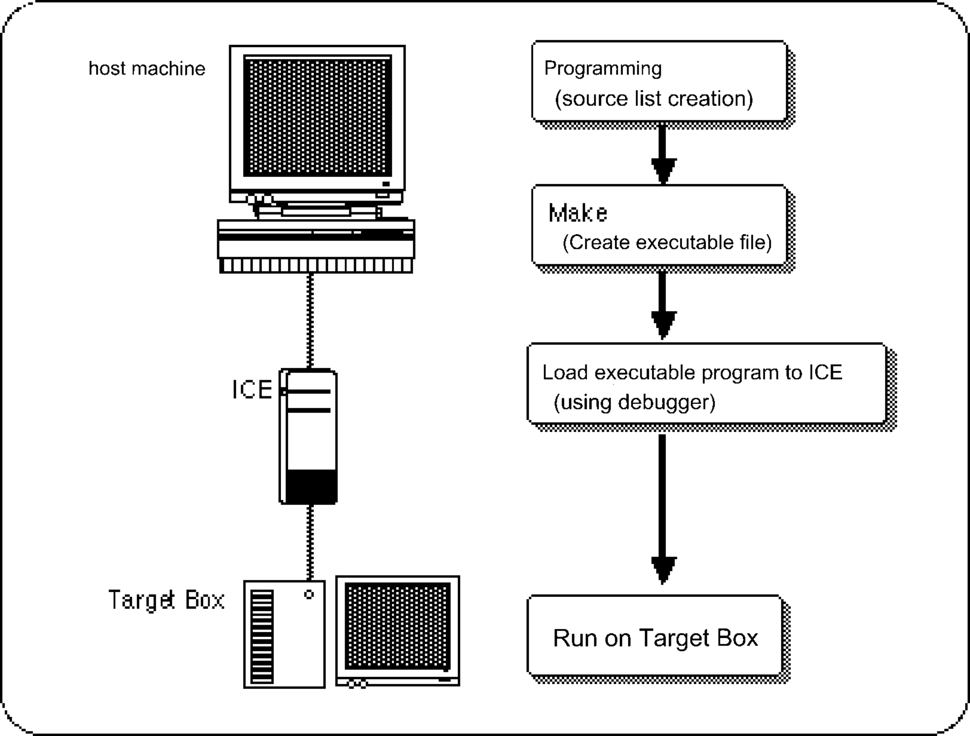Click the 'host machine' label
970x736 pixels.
[x=147, y=69]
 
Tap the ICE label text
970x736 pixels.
[x=252, y=390]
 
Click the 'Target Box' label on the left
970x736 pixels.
[x=166, y=600]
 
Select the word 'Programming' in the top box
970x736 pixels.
[x=603, y=69]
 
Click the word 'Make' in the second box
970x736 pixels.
[x=578, y=213]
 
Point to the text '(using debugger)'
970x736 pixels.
[x=634, y=402]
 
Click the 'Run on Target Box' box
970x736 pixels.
[x=655, y=637]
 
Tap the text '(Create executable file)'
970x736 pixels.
[x=666, y=243]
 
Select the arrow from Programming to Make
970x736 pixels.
[x=663, y=153]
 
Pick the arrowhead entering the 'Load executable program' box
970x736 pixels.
[x=663, y=324]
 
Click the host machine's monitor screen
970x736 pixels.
[x=317, y=116]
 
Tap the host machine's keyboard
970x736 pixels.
[x=316, y=266]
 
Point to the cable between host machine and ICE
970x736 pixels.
[x=310, y=321]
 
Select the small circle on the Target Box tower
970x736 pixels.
[x=309, y=594]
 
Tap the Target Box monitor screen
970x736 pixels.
[x=397, y=626]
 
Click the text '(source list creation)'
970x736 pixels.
[x=653, y=99]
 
